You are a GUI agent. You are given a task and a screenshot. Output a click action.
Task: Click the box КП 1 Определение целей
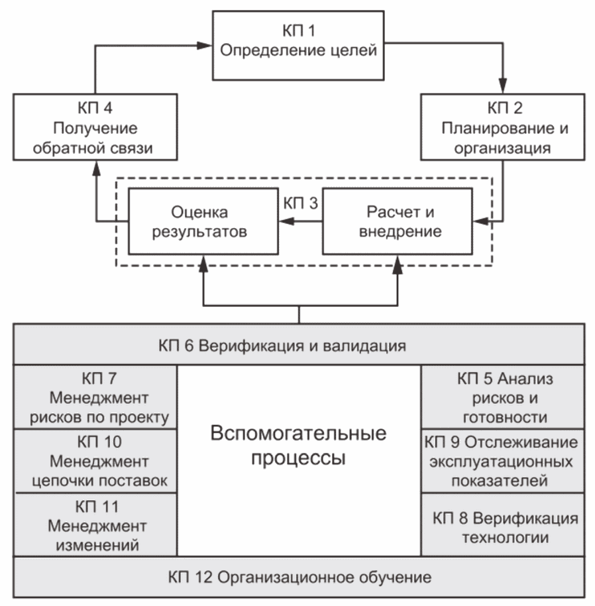[x=298, y=46]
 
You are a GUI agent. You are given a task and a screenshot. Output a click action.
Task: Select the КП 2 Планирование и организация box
[x=503, y=127]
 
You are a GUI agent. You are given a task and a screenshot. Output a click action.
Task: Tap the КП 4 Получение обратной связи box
[x=95, y=127]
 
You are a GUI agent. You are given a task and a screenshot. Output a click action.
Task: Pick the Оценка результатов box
[x=203, y=221]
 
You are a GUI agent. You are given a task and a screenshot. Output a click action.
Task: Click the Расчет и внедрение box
[x=398, y=221]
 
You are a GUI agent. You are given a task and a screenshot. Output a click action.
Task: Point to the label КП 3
[x=300, y=203]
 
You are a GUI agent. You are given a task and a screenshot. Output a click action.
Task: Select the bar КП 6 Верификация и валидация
[x=299, y=344]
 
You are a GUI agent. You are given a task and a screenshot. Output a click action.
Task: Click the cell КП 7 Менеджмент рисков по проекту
[x=95, y=397]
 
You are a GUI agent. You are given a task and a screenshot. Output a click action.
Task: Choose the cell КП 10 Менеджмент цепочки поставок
[x=95, y=461]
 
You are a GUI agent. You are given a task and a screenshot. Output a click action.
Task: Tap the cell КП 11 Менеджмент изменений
[x=95, y=525]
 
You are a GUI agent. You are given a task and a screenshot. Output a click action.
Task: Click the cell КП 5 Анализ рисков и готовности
[x=503, y=397]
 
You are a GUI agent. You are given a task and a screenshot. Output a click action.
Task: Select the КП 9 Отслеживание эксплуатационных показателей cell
[x=503, y=461]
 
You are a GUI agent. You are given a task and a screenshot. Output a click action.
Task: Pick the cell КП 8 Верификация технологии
[x=503, y=525]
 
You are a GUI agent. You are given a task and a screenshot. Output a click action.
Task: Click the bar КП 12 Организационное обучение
[x=299, y=577]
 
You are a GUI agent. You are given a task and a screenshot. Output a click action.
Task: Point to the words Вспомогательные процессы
[x=298, y=446]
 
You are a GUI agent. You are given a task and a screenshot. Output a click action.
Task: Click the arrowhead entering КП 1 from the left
[x=205, y=46]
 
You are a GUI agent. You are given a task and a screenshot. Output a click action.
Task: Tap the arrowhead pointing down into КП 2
[x=502, y=86]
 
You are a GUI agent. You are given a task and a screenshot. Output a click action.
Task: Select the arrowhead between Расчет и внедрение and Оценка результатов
[x=286, y=221]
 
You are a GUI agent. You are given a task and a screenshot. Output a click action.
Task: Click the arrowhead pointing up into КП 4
[x=97, y=168]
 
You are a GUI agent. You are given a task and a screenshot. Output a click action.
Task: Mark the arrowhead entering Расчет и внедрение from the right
[x=480, y=221]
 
